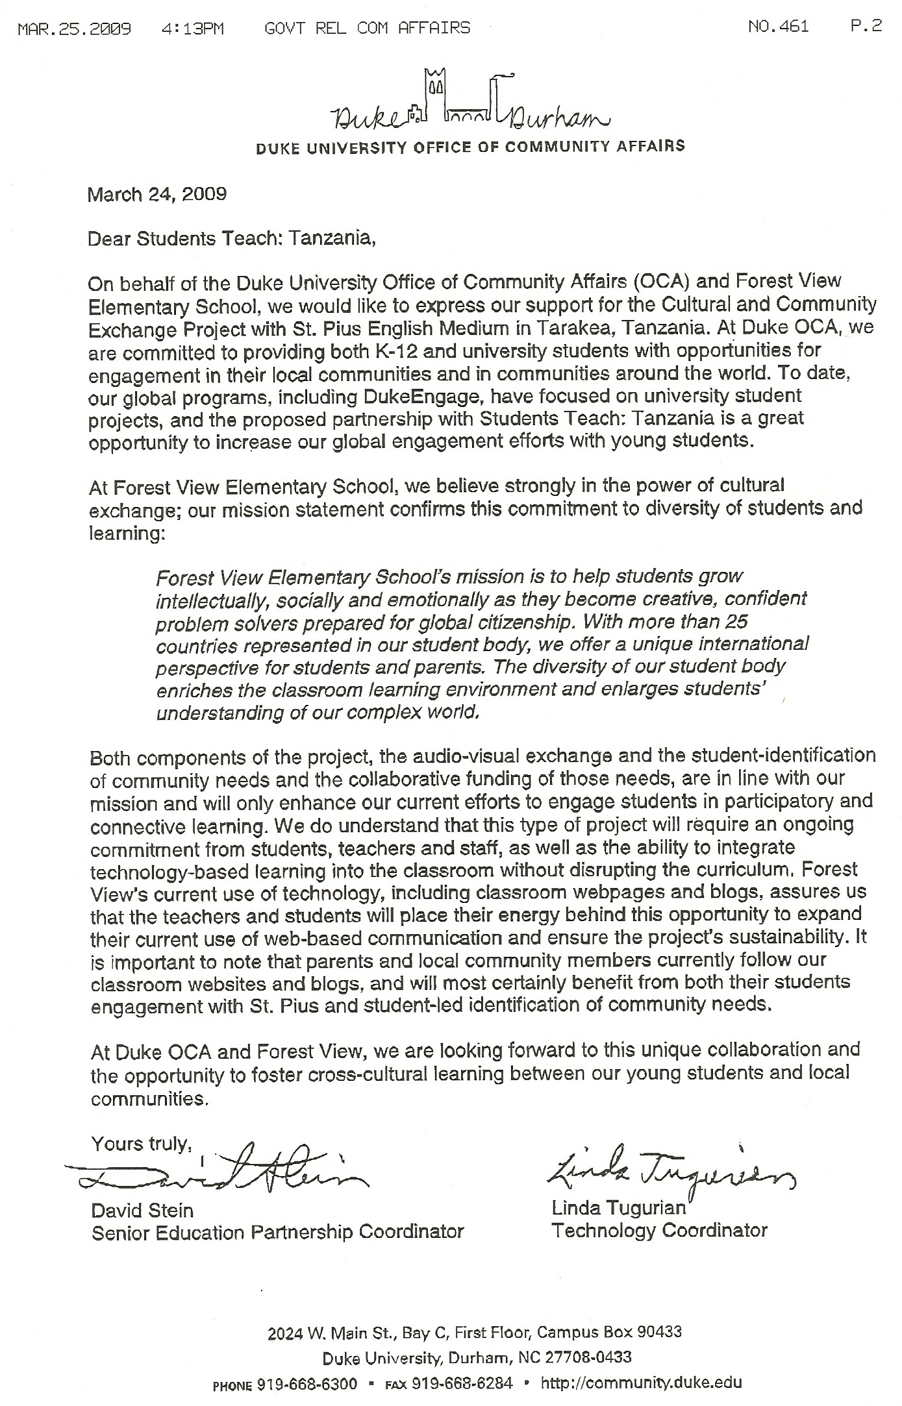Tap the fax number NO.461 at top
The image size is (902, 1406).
(778, 27)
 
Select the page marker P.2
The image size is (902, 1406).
(866, 26)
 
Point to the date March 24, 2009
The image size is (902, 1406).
(157, 194)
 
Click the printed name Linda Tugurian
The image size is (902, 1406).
(618, 1208)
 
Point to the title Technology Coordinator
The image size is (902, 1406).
(659, 1230)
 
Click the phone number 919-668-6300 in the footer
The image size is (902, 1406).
(307, 1383)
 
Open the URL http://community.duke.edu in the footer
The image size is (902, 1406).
(640, 1383)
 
